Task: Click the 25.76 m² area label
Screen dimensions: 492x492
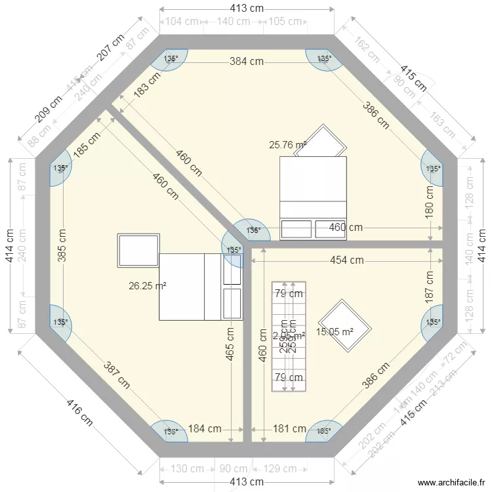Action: click(x=288, y=144)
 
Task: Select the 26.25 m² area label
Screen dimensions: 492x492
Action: click(x=148, y=285)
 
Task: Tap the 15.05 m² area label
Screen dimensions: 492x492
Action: click(x=335, y=332)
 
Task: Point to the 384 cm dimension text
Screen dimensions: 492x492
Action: click(x=247, y=62)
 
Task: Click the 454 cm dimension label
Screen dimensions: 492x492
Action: click(x=346, y=260)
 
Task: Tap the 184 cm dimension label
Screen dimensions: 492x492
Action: click(x=205, y=429)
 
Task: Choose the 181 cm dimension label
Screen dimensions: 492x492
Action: click(x=289, y=429)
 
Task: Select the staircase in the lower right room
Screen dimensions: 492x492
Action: click(x=289, y=336)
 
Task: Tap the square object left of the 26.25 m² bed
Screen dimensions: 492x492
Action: click(x=138, y=250)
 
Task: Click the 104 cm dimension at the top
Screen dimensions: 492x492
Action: click(x=182, y=21)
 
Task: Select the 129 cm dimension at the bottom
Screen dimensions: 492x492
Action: click(x=280, y=469)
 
